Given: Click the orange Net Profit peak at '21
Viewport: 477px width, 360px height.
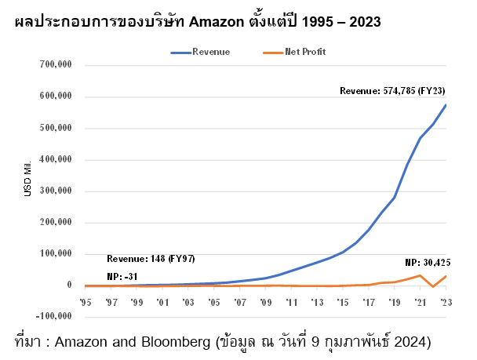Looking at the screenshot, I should point(421,275).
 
